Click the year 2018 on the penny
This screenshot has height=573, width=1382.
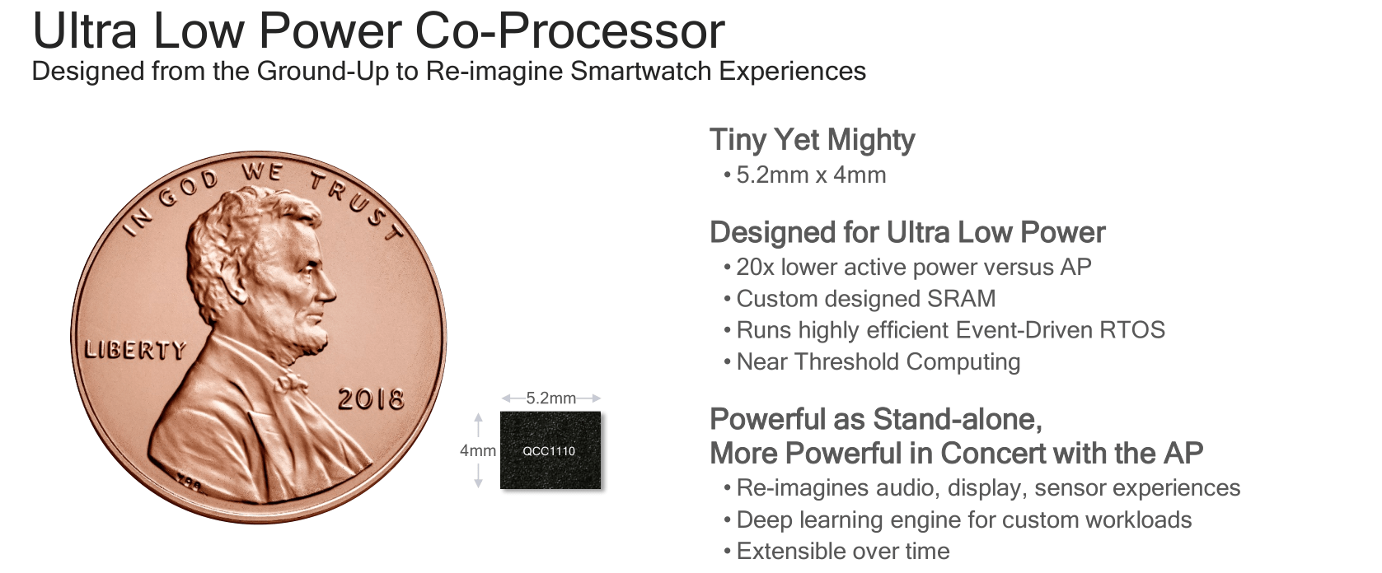(x=371, y=399)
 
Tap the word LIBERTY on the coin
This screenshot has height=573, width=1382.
(x=135, y=350)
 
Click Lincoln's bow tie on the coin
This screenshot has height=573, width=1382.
(x=290, y=383)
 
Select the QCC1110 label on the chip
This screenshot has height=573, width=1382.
(x=549, y=451)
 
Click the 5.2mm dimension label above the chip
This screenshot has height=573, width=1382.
(x=550, y=398)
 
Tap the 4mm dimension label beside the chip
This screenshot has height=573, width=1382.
(x=477, y=451)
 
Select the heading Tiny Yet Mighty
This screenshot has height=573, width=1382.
(x=812, y=140)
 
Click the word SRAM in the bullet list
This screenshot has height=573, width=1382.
(x=961, y=299)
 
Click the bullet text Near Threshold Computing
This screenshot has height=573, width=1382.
(x=878, y=362)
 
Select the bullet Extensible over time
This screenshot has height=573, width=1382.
(x=843, y=552)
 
